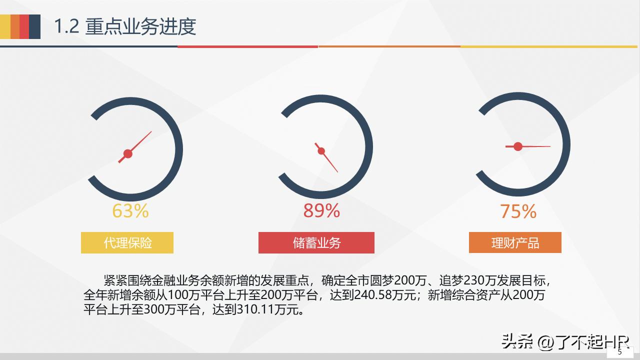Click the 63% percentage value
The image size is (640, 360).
(130, 211)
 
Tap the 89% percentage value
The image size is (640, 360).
(321, 211)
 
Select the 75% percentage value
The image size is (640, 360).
(518, 211)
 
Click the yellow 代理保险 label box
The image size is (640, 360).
(127, 243)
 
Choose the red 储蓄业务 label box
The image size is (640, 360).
(316, 243)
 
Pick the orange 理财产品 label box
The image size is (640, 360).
(515, 243)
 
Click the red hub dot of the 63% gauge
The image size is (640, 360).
(127, 153)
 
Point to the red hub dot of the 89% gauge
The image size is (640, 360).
(321, 151)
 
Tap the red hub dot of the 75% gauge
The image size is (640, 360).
(518, 146)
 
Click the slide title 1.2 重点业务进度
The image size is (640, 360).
(125, 26)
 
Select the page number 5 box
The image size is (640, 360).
(620, 352)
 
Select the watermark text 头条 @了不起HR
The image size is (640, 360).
(557, 342)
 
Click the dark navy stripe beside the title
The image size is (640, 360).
(34, 26)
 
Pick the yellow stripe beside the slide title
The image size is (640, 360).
(5, 26)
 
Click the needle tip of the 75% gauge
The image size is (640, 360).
(549, 146)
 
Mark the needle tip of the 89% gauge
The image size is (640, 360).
(337, 172)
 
